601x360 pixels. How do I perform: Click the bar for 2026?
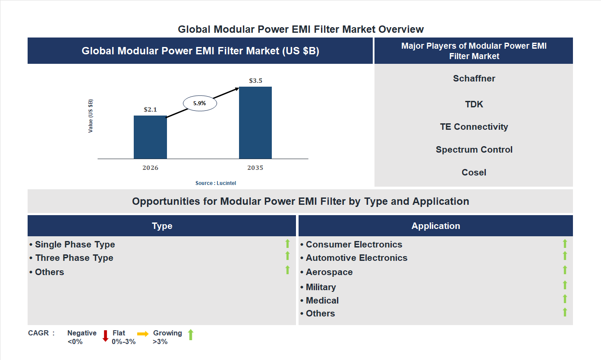[150, 137]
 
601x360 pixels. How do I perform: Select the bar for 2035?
[255, 123]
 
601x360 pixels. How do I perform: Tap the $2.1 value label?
[150, 110]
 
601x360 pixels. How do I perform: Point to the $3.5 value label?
[255, 81]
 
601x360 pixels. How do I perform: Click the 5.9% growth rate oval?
[200, 103]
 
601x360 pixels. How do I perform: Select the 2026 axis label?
[150, 168]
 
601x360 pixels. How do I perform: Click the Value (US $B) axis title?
[91, 116]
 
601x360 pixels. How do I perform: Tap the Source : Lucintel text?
[216, 183]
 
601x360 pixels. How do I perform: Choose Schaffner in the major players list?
[474, 78]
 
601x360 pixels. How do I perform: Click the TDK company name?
[474, 104]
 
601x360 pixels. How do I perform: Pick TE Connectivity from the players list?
[474, 127]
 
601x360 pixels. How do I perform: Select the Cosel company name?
[474, 172]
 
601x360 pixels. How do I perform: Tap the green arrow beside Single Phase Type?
[287, 244]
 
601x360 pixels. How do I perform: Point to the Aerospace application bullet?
[329, 272]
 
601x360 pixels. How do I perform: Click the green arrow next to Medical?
[565, 299]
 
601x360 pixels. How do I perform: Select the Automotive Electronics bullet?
[356, 258]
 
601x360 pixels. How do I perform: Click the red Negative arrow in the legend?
[105, 336]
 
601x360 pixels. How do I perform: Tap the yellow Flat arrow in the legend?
[143, 334]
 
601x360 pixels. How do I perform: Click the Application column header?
[435, 226]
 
